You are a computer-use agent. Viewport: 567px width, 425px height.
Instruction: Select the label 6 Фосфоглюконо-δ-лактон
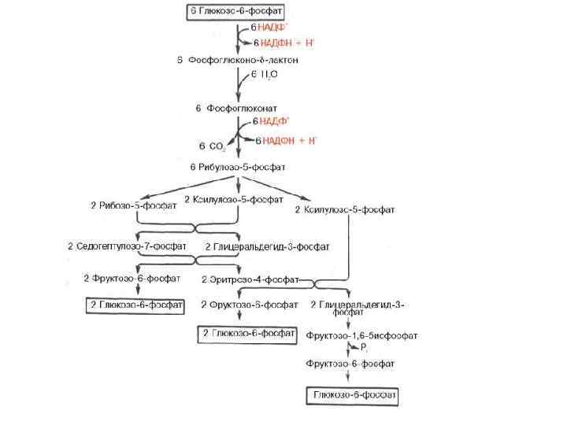click(237, 60)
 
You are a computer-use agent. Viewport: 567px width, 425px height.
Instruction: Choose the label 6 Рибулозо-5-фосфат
click(238, 167)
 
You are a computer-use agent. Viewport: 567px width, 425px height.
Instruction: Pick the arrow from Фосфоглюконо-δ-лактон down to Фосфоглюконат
click(239, 84)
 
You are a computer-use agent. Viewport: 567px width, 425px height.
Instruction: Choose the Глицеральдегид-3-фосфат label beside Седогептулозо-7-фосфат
click(266, 246)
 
